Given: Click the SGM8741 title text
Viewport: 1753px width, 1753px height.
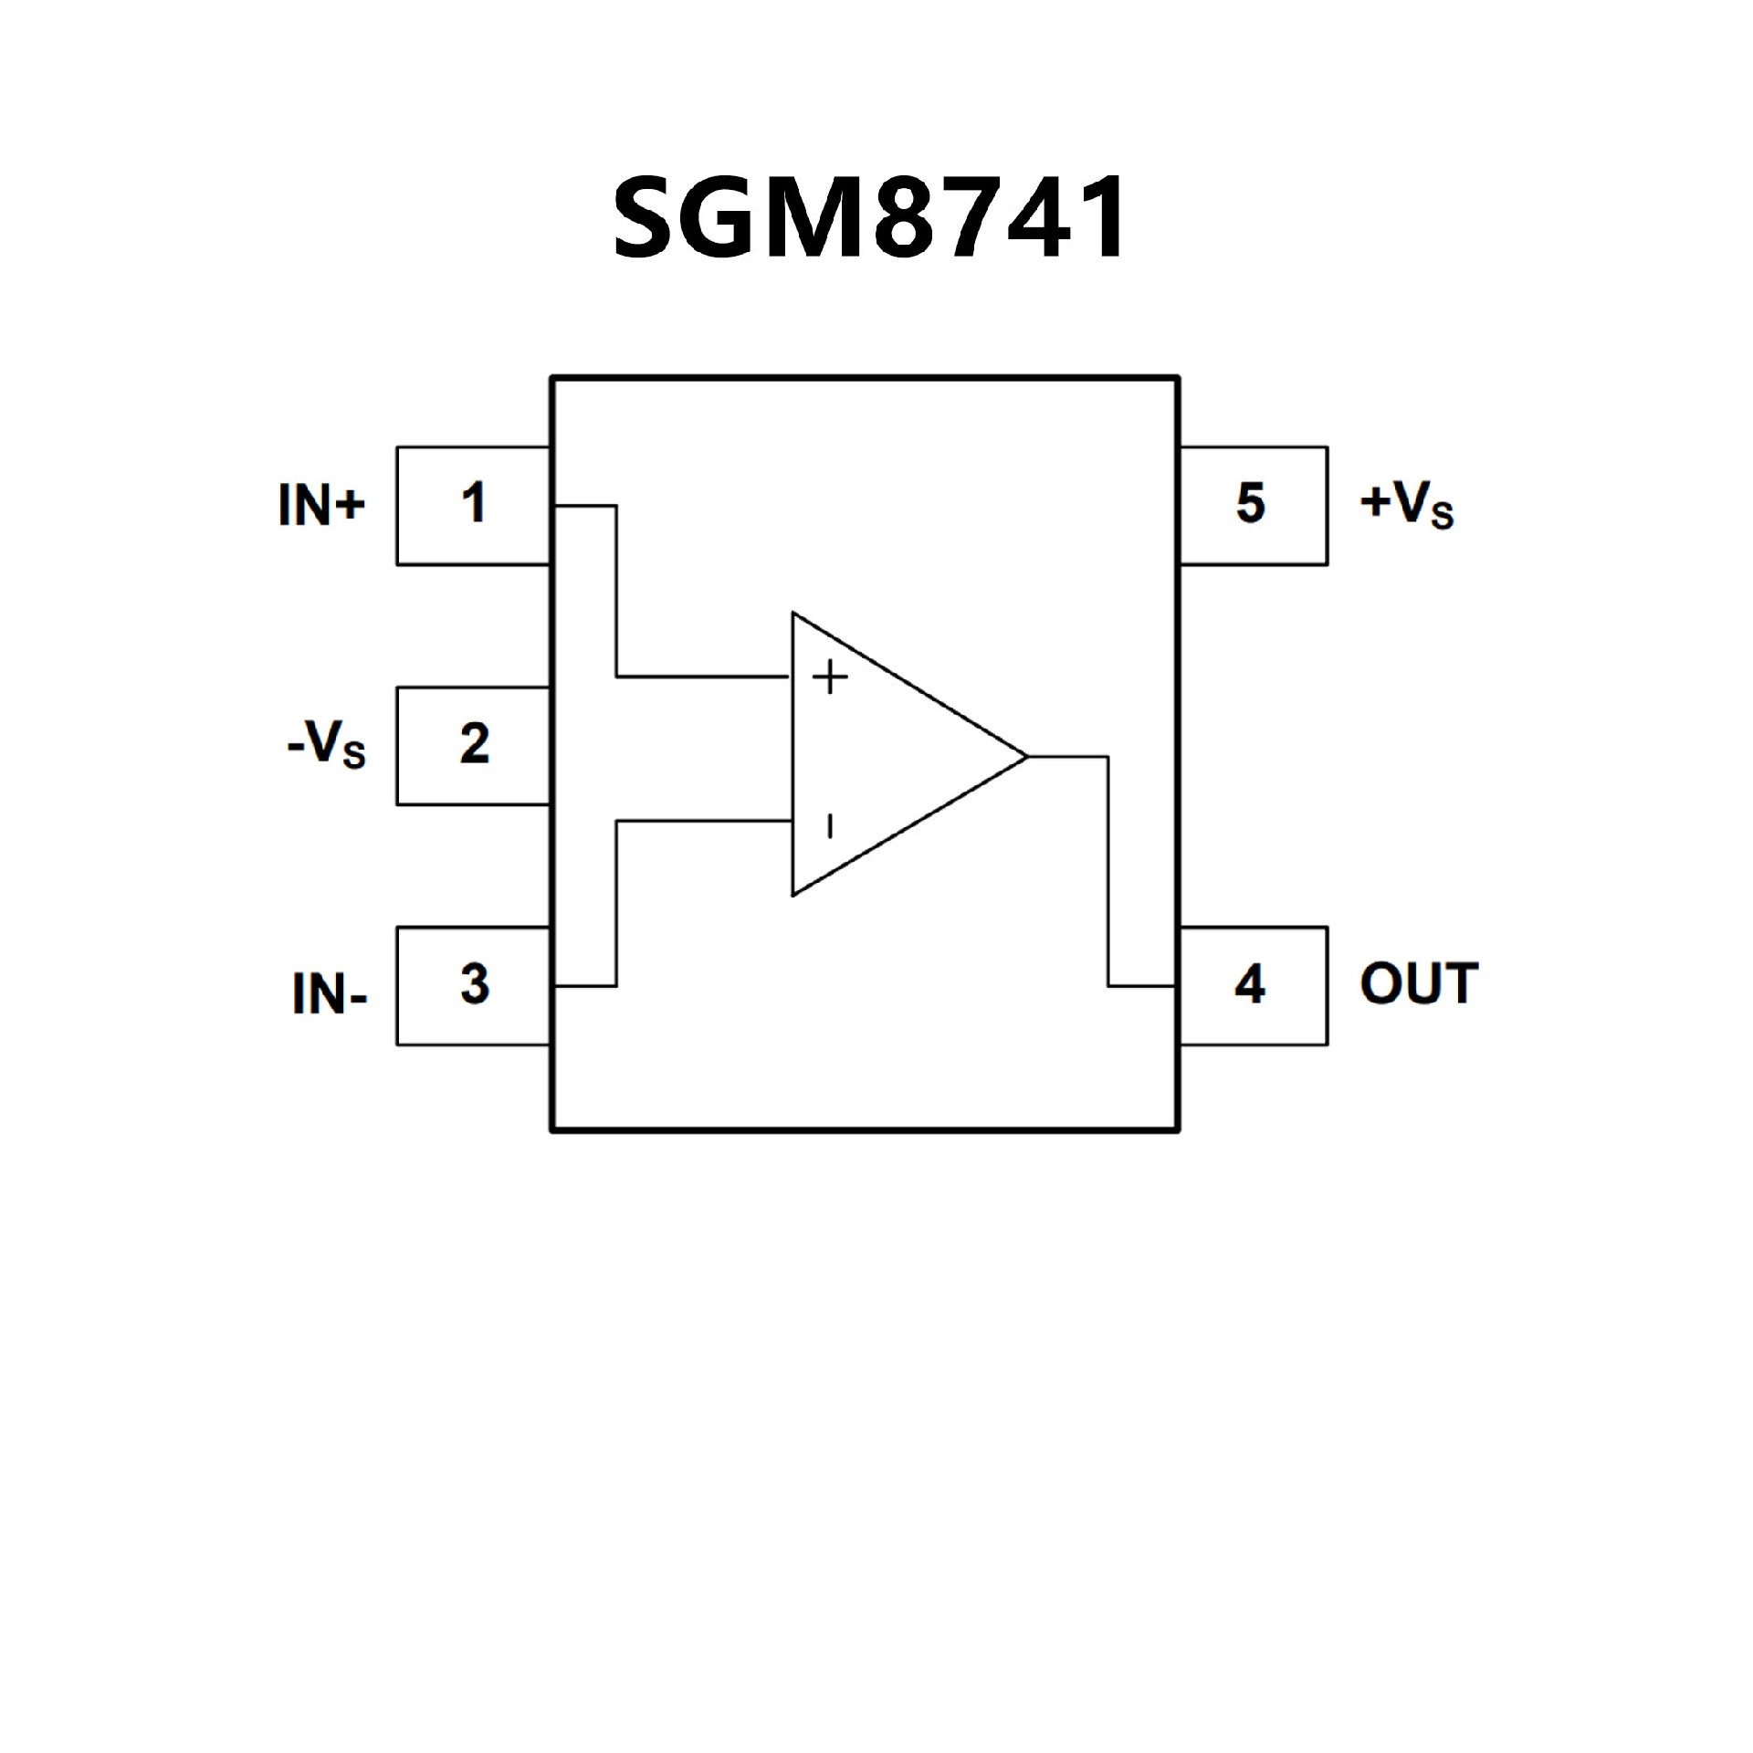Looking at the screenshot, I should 869,217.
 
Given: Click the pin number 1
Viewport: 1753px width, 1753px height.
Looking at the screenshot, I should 473,503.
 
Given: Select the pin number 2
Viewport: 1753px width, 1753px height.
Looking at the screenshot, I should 474,744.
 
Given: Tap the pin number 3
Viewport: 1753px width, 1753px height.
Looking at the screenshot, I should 474,984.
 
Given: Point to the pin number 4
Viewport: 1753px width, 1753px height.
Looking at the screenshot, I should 1250,984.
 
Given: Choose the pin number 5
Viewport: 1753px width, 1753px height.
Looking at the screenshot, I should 1250,503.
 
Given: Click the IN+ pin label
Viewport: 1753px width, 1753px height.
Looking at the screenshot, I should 321,505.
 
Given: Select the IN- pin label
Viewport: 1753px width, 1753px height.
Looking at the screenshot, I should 330,994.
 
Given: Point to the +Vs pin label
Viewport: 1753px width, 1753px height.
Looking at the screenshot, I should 1406,505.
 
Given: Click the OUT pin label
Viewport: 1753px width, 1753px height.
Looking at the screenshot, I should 1419,984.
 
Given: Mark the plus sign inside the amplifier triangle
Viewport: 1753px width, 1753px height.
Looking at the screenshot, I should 830,677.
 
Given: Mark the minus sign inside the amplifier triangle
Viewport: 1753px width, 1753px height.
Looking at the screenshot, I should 829,826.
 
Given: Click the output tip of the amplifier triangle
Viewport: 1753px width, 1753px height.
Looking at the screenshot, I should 1026,756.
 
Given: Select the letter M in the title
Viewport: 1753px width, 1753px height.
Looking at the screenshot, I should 811,217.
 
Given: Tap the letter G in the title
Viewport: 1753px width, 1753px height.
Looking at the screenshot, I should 716,217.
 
